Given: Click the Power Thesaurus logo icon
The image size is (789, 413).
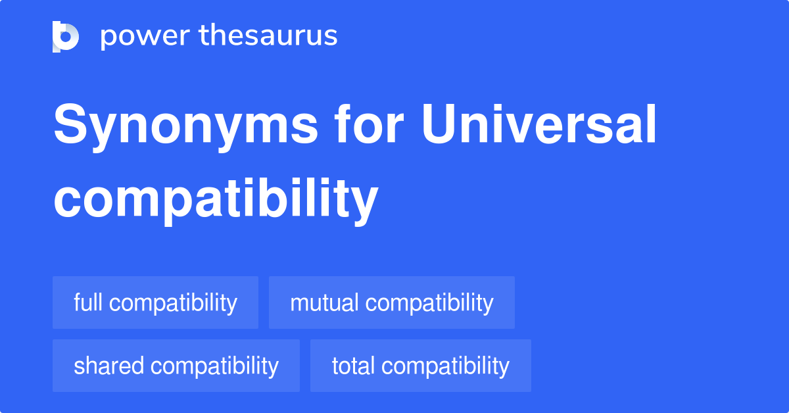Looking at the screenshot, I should coord(66,36).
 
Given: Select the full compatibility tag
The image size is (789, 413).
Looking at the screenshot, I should coord(155,303).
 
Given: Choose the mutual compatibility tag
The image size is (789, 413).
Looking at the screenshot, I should coord(391,303).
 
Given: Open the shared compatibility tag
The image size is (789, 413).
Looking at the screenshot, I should coord(176,366).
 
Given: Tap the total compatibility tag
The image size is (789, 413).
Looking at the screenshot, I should coord(420,366).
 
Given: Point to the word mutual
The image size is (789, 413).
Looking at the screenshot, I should coord(324,303).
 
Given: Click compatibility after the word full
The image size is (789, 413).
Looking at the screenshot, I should coord(173,303).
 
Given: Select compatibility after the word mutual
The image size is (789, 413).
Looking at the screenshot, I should coord(429,303).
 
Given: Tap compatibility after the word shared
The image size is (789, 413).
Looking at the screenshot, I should coord(214,366).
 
